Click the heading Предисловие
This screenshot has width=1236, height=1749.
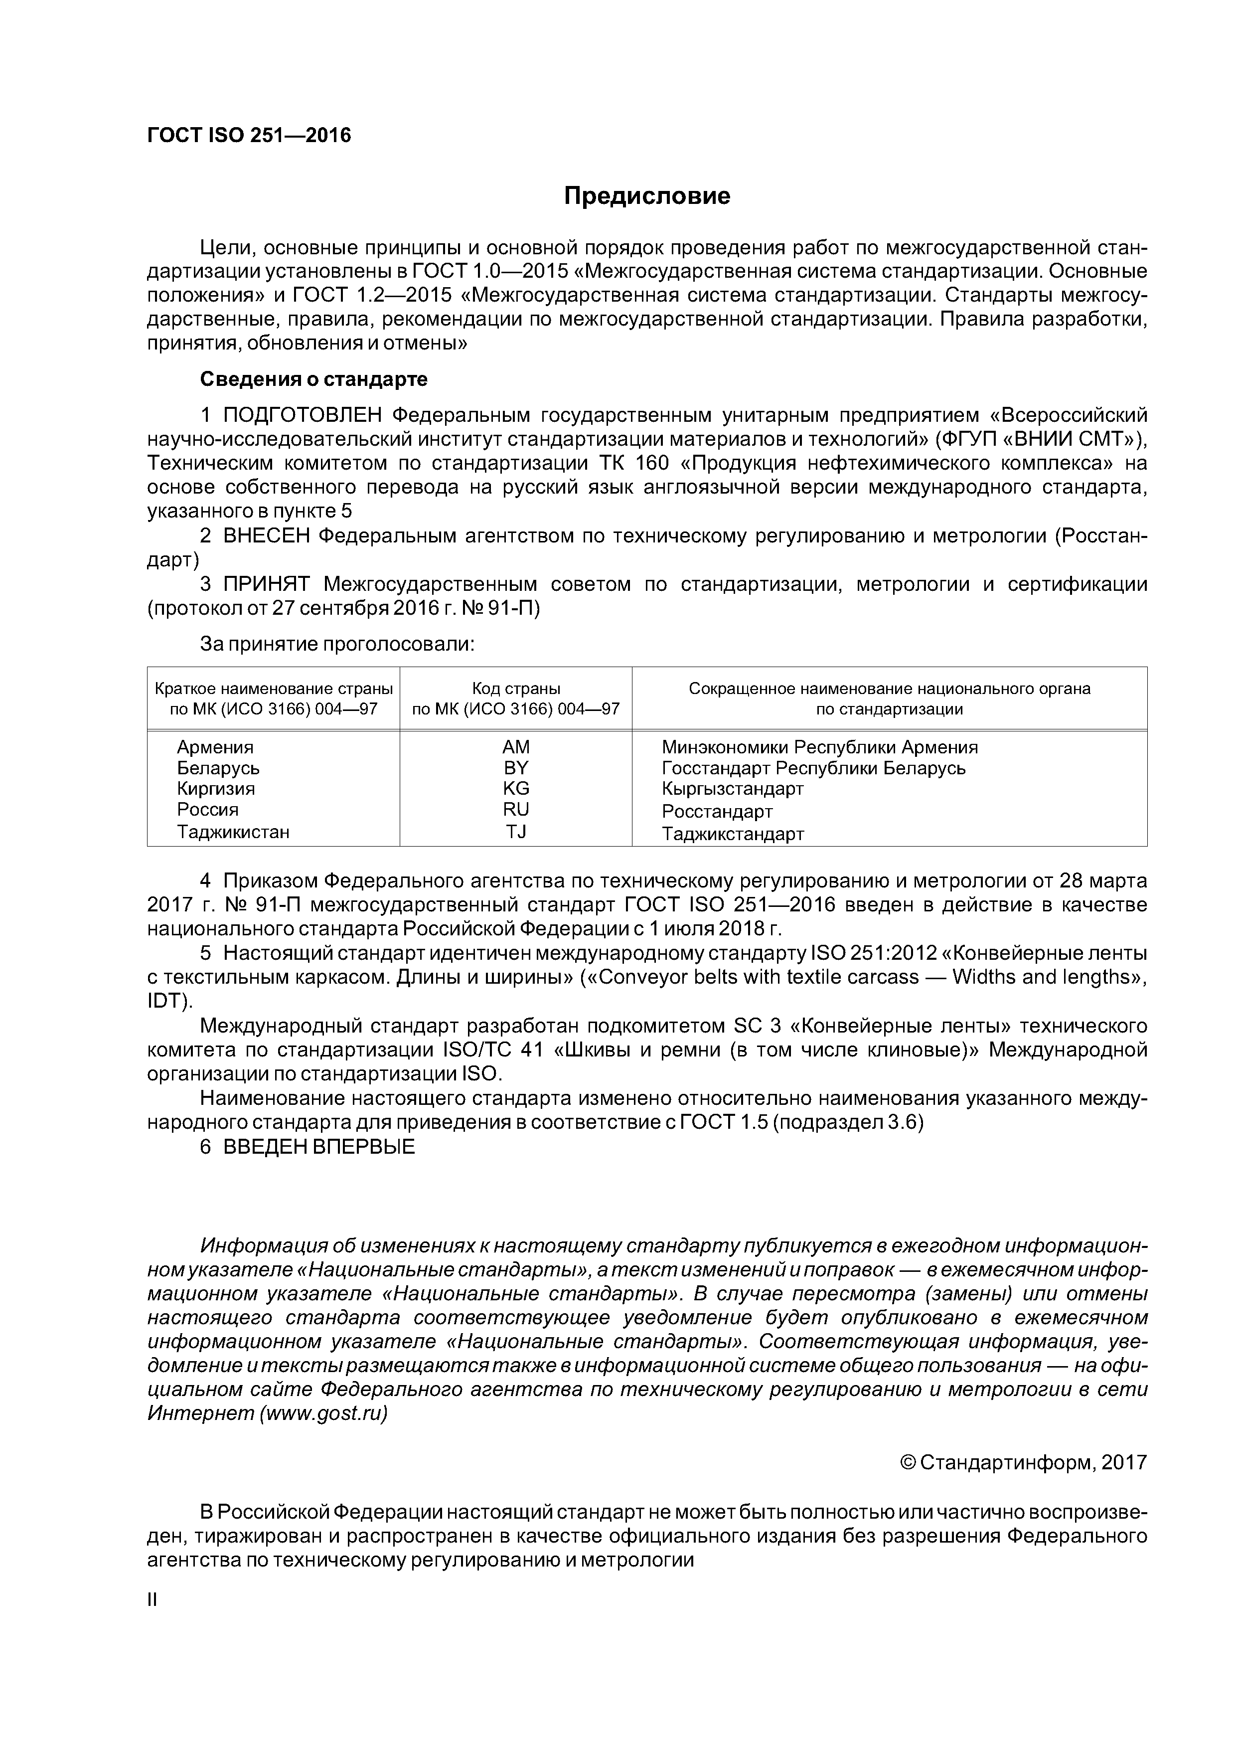(646, 196)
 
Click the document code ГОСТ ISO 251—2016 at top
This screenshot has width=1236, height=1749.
(249, 136)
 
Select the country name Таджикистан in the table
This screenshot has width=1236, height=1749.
(233, 831)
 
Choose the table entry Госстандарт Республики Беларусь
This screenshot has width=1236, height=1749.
(813, 768)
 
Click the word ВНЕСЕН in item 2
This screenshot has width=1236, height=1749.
(267, 536)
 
